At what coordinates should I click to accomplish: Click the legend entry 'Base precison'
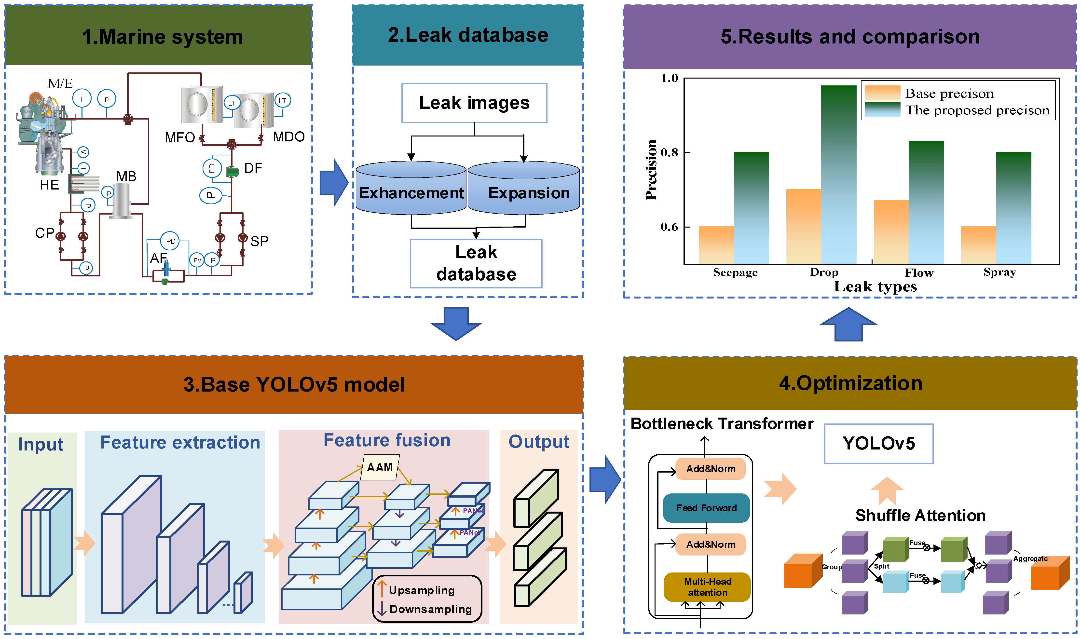click(x=949, y=94)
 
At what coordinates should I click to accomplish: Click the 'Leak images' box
click(x=474, y=103)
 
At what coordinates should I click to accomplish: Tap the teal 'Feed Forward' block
click(x=706, y=508)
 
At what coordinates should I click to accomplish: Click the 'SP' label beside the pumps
click(x=259, y=241)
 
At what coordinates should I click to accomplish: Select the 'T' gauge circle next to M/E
click(x=81, y=99)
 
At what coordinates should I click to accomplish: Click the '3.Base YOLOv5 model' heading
click(x=294, y=384)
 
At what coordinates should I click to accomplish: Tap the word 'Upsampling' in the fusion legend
click(x=422, y=590)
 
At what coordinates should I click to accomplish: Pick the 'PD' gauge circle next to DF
click(x=212, y=168)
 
